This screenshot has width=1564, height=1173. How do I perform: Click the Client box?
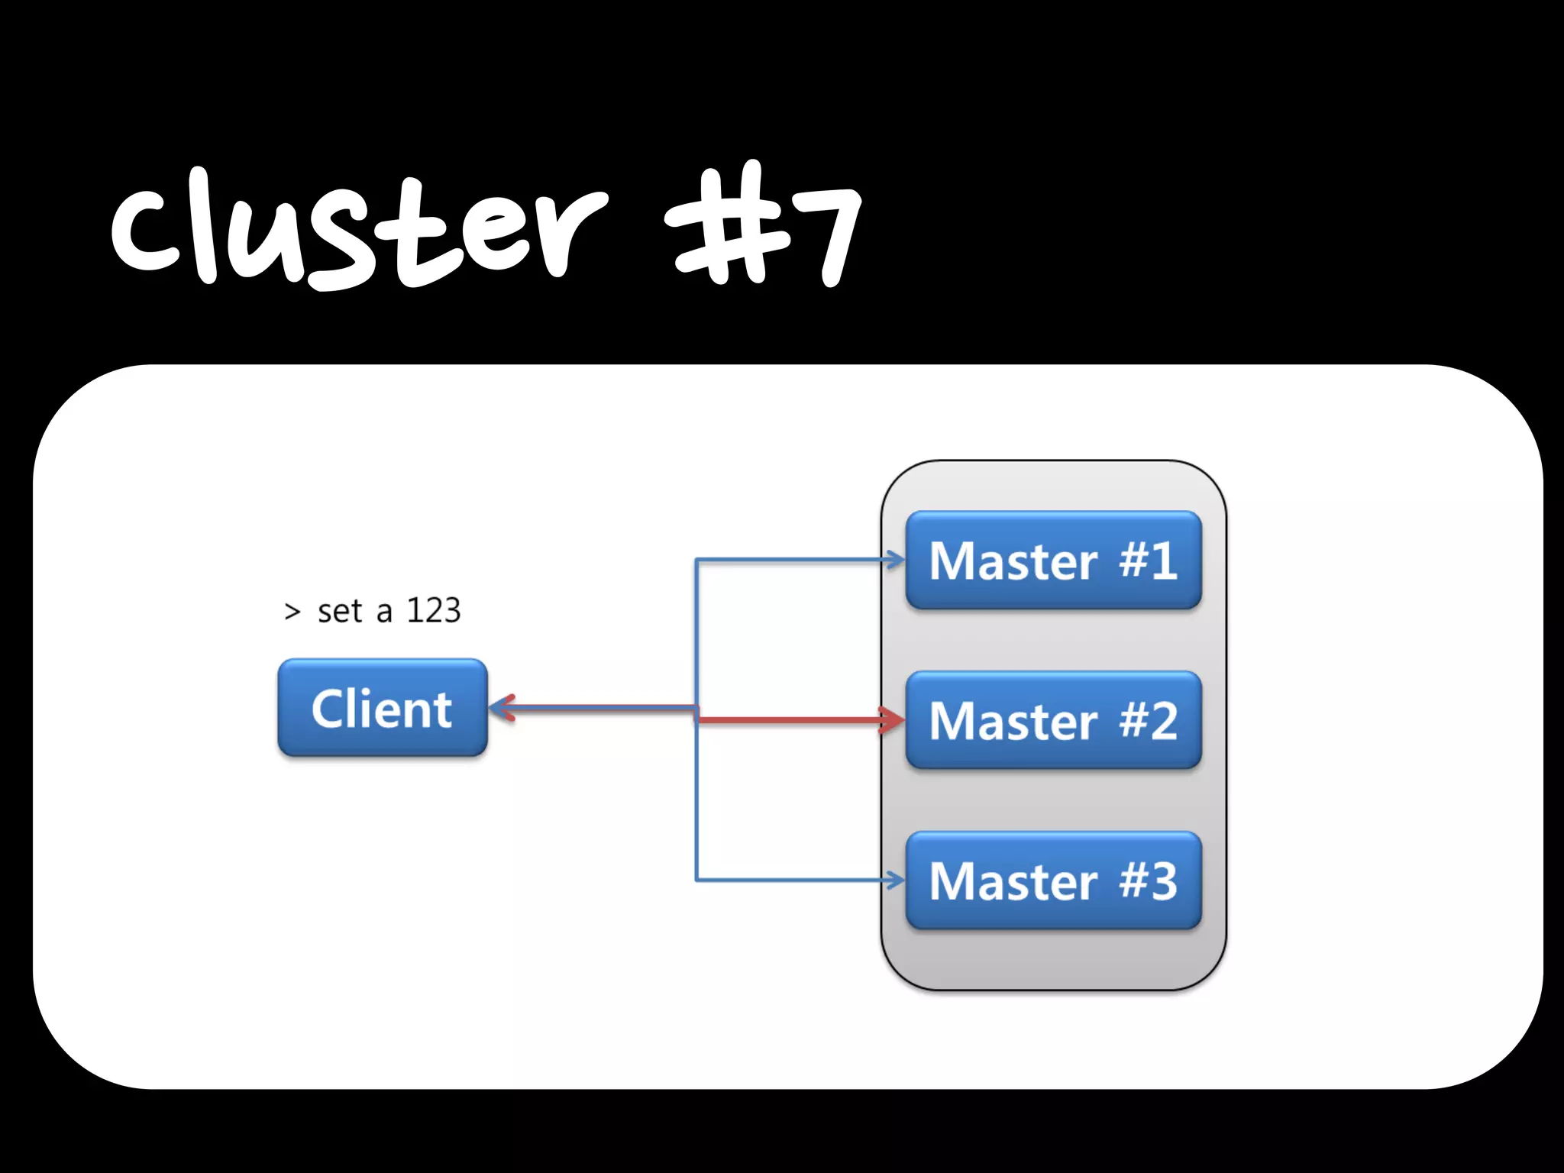tap(382, 708)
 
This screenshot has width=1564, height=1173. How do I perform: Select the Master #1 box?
tap(1053, 561)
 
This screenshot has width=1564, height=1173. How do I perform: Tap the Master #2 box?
tap(1053, 720)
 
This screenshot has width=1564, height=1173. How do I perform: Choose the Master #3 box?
tap(1053, 881)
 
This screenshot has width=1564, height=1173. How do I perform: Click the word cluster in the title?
tap(359, 229)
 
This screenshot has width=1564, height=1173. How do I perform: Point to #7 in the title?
tap(764, 225)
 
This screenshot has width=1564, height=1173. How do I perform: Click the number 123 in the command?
tap(433, 611)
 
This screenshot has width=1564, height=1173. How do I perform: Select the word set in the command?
tap(339, 612)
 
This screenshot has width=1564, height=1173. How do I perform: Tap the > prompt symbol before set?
tap(292, 612)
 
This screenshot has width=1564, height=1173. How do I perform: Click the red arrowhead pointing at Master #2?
tap(892, 719)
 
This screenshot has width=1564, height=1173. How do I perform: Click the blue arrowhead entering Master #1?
tap(895, 561)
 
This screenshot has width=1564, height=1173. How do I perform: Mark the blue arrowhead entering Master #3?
tap(895, 881)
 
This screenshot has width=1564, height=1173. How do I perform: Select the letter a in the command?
tap(384, 612)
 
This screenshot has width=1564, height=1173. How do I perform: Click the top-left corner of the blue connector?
tap(696, 561)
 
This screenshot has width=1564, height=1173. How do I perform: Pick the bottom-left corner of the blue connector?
tap(696, 881)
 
